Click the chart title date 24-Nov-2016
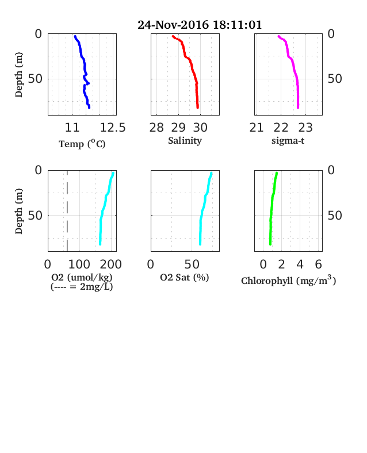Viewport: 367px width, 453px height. (x=173, y=25)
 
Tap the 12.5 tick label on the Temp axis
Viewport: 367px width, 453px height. (x=113, y=128)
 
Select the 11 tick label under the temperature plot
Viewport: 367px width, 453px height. (x=72, y=128)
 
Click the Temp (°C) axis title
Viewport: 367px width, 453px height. (x=82, y=144)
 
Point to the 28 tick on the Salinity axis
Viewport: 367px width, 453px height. (x=156, y=128)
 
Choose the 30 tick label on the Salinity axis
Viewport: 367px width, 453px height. (x=200, y=128)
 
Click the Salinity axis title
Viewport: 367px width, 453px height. (x=185, y=141)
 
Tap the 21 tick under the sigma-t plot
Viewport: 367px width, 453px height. (x=257, y=128)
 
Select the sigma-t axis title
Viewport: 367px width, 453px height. (x=288, y=141)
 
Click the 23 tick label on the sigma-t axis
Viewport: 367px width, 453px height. (x=305, y=128)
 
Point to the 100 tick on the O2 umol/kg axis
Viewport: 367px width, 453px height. (x=79, y=264)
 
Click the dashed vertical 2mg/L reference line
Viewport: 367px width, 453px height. (x=67, y=211)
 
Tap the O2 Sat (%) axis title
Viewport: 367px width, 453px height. (x=185, y=277)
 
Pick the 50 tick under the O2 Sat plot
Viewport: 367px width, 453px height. (x=192, y=264)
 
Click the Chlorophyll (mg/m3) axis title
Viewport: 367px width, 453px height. (x=289, y=281)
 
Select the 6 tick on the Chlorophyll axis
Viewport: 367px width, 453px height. (x=318, y=264)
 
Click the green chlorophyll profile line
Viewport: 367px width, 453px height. (x=272, y=208)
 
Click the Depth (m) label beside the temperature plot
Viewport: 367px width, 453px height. (x=18, y=75)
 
